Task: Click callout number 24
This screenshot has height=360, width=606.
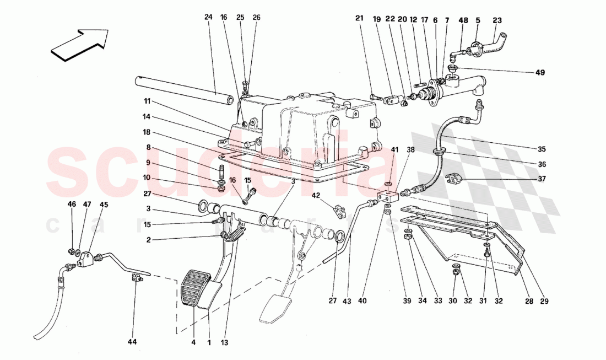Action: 208,17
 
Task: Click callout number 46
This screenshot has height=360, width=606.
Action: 72,205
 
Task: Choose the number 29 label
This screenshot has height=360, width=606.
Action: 545,301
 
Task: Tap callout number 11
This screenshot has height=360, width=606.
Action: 148,101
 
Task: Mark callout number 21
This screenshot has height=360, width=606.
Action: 359,18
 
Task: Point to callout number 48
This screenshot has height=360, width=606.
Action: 463,20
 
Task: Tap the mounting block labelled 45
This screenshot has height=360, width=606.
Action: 85,259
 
